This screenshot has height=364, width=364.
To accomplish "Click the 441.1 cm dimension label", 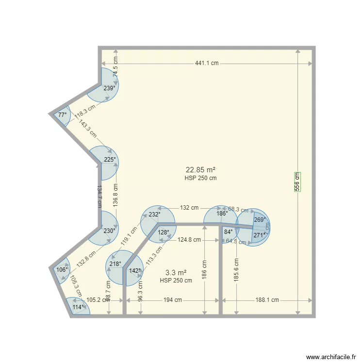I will [207, 64].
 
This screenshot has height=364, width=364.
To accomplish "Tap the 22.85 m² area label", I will [200, 170].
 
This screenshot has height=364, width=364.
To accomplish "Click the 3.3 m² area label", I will [176, 273].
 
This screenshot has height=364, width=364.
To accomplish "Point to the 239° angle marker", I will [110, 88].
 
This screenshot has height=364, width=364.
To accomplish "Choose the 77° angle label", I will [63, 115].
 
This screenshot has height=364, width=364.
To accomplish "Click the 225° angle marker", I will [110, 159].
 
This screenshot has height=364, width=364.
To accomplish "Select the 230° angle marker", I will [109, 231].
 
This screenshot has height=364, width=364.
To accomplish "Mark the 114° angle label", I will [78, 307].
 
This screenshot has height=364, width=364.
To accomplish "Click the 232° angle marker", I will [154, 215].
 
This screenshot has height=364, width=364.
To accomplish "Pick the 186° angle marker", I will [222, 213].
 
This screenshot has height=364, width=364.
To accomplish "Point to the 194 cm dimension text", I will [172, 300].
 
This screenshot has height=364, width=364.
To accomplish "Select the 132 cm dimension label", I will [189, 208].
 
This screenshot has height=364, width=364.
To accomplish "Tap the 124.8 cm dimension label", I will [189, 239].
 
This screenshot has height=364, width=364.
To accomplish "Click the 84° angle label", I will [229, 232].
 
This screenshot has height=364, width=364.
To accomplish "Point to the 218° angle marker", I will [115, 264].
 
